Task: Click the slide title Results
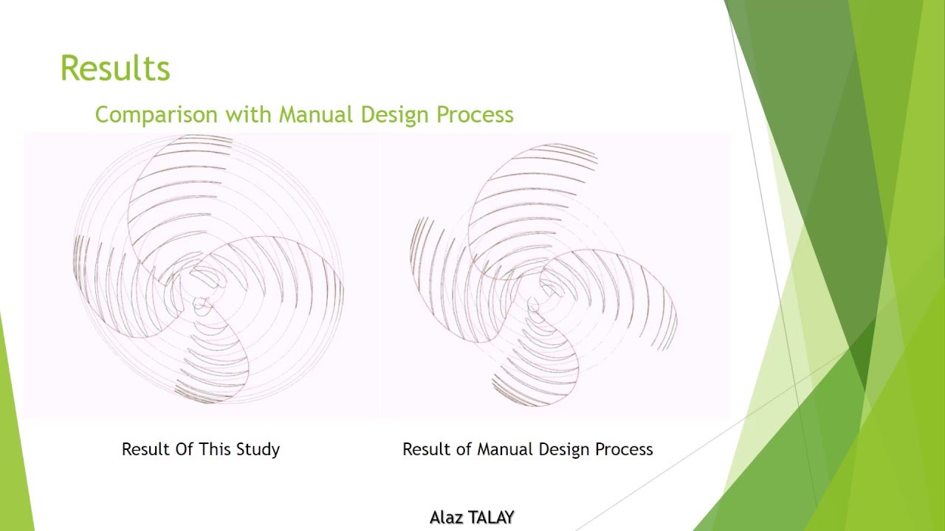(x=115, y=69)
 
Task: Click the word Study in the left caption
(x=258, y=449)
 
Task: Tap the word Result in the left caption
(x=145, y=449)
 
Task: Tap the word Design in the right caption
(x=565, y=449)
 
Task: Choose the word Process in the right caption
(x=625, y=449)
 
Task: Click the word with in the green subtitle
(x=247, y=115)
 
